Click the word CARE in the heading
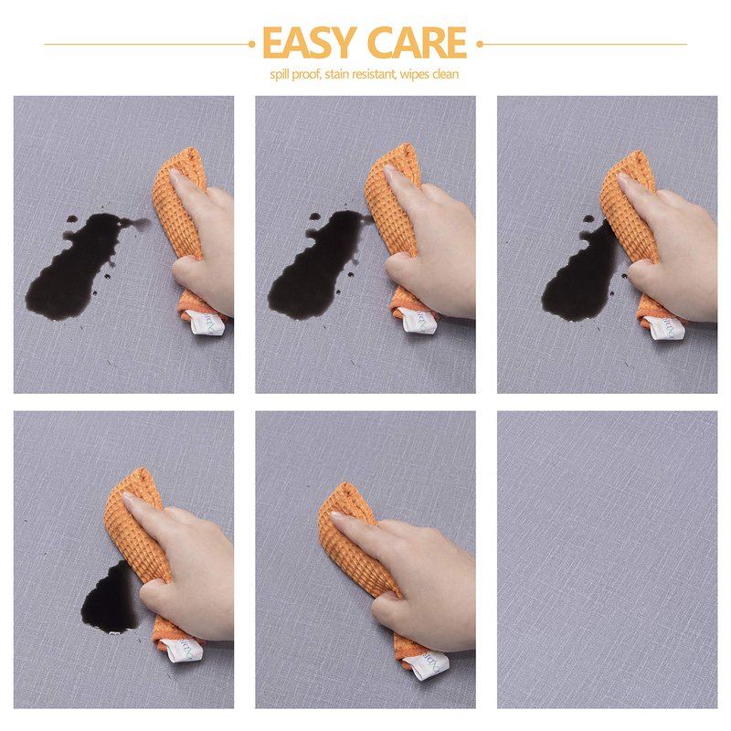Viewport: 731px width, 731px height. click(x=417, y=42)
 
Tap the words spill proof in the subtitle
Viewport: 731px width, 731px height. click(x=295, y=75)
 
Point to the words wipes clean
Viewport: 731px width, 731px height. click(x=429, y=74)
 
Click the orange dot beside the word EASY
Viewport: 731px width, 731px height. click(x=252, y=44)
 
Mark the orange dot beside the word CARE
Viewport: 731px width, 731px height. click(x=479, y=44)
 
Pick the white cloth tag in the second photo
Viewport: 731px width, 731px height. click(x=418, y=321)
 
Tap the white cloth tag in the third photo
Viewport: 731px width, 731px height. click(x=665, y=327)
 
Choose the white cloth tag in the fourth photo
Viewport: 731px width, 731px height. click(x=185, y=651)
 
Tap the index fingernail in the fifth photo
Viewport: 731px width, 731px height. click(x=336, y=516)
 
